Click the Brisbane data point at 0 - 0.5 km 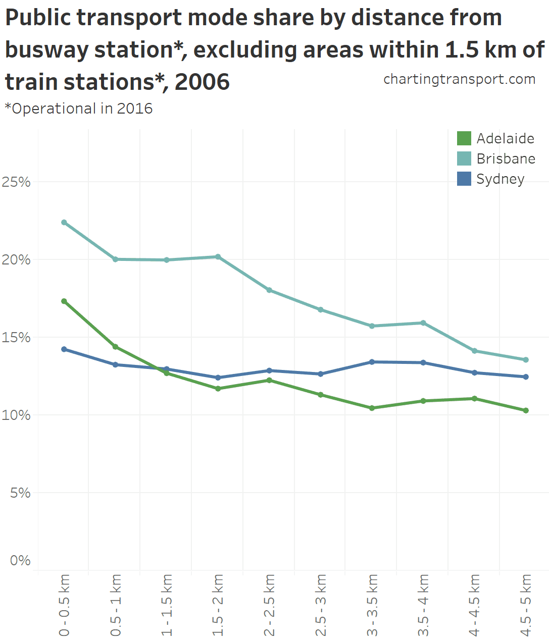(64, 222)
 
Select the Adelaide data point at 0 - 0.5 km (64, 301)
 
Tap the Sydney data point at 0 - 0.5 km (64, 349)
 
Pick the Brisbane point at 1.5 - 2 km (218, 257)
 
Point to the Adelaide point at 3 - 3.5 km (372, 408)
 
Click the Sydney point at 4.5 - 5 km (526, 377)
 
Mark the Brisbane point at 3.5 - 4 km (423, 323)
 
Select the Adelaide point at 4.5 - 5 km (526, 410)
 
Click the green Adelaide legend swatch (464, 138)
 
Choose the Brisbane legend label (506, 158)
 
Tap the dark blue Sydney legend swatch (464, 179)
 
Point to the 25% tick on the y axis (16, 182)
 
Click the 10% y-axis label (16, 415)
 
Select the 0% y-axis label (20, 561)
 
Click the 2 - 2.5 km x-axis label (270, 605)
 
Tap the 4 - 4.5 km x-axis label (475, 605)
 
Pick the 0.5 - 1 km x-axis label (116, 605)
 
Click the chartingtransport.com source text (459, 79)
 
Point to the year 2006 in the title (202, 82)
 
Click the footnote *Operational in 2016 (79, 109)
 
